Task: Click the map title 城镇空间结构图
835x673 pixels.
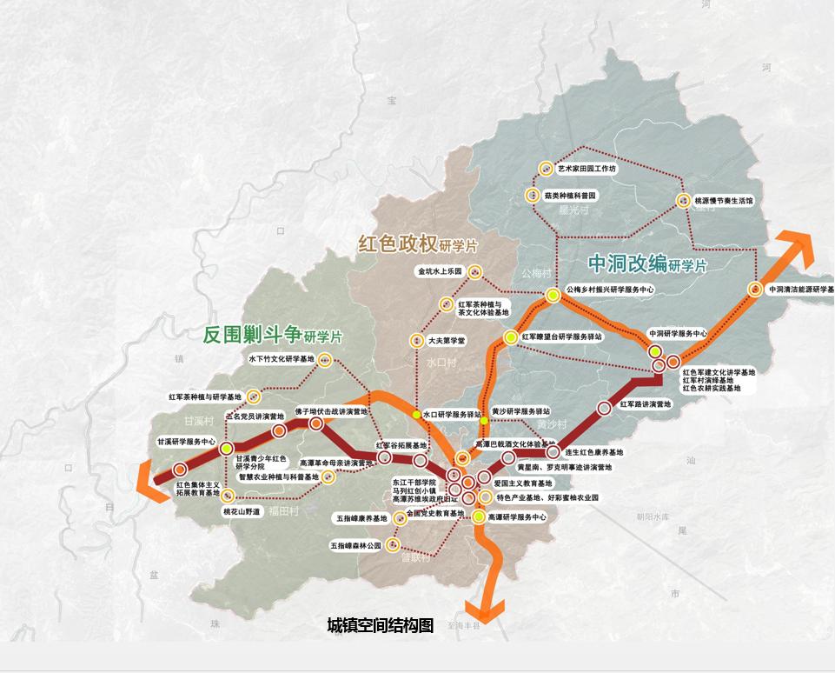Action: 380,625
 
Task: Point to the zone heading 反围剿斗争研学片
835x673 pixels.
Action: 272,335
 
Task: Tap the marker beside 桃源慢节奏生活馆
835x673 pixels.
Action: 684,201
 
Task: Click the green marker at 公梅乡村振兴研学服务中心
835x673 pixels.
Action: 553,296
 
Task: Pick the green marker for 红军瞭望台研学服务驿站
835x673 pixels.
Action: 511,336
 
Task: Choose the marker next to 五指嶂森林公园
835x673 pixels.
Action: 394,546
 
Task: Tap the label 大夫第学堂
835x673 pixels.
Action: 447,341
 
